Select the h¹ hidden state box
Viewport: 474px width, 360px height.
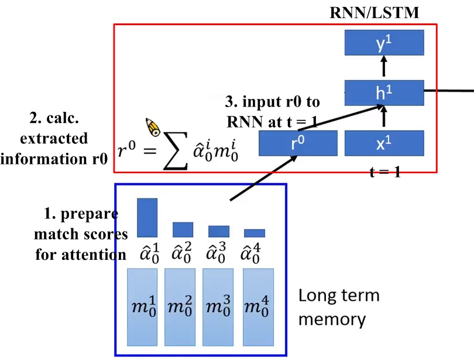pyautogui.click(x=384, y=92)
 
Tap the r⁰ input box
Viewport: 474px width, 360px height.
pyautogui.click(x=298, y=143)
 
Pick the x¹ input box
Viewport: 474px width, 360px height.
pyautogui.click(x=384, y=143)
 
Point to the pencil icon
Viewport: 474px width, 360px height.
pyautogui.click(x=153, y=126)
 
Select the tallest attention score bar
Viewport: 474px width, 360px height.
pyautogui.click(x=147, y=217)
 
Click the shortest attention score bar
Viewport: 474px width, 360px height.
pyautogui.click(x=255, y=233)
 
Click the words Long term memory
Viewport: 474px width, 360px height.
pyautogui.click(x=339, y=307)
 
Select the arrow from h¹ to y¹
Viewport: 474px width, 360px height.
pyautogui.click(x=384, y=67)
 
